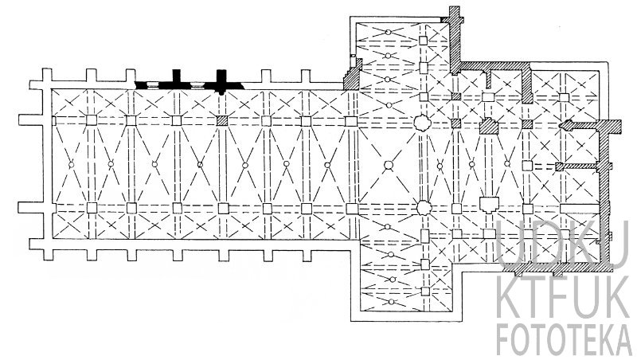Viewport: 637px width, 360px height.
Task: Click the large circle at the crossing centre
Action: (389, 165)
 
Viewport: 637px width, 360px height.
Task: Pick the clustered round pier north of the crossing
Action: (423, 123)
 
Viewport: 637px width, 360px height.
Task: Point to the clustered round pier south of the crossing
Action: (424, 208)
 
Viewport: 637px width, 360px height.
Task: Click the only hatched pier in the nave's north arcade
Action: (222, 121)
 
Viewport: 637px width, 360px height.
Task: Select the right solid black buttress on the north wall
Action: (221, 81)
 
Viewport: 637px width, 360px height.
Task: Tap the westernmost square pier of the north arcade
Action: (92, 120)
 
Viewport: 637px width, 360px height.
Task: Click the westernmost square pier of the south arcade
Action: (92, 208)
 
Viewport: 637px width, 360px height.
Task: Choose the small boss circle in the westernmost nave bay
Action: (72, 165)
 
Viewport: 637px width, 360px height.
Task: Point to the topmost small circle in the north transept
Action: (389, 32)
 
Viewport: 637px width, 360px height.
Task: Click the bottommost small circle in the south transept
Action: (391, 302)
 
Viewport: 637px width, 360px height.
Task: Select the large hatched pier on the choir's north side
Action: (489, 126)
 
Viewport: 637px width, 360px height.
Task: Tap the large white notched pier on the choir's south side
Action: (489, 205)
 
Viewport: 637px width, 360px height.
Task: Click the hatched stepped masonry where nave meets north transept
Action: (353, 75)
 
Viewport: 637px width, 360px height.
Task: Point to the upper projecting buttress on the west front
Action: (31, 119)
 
